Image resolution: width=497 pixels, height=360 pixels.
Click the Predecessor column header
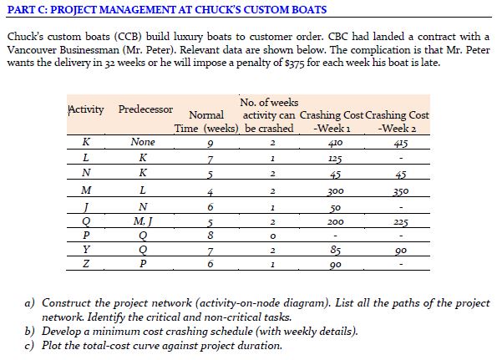tap(146, 110)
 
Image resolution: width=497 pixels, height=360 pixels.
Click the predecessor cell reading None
tap(144, 143)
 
